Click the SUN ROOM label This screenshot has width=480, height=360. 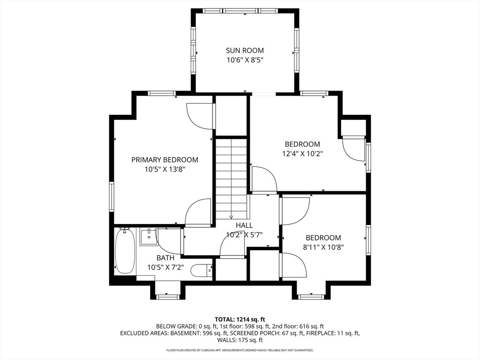pyautogui.click(x=245, y=50)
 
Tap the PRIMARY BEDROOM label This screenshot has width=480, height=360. pyautogui.click(x=165, y=160)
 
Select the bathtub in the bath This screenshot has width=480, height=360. pyautogui.click(x=125, y=251)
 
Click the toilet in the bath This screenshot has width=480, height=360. pyautogui.click(x=202, y=270)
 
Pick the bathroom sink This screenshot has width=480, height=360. pyautogui.click(x=149, y=236)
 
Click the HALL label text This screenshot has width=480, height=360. pyautogui.click(x=244, y=225)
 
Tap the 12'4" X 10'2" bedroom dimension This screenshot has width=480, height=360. pyautogui.click(x=302, y=153)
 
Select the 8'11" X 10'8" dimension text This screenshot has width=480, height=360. pyautogui.click(x=323, y=247)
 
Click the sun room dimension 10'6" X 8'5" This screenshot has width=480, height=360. pyautogui.click(x=245, y=60)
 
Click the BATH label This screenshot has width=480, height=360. pyautogui.click(x=165, y=258)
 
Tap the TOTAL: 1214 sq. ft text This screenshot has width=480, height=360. pyautogui.click(x=240, y=320)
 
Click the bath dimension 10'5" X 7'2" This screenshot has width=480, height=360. pyautogui.click(x=165, y=267)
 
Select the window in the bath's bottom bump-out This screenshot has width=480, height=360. pyautogui.click(x=167, y=297)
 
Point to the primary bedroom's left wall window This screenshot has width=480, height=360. pyautogui.click(x=112, y=196)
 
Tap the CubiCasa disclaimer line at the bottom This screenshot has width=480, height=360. pyautogui.click(x=240, y=350)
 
